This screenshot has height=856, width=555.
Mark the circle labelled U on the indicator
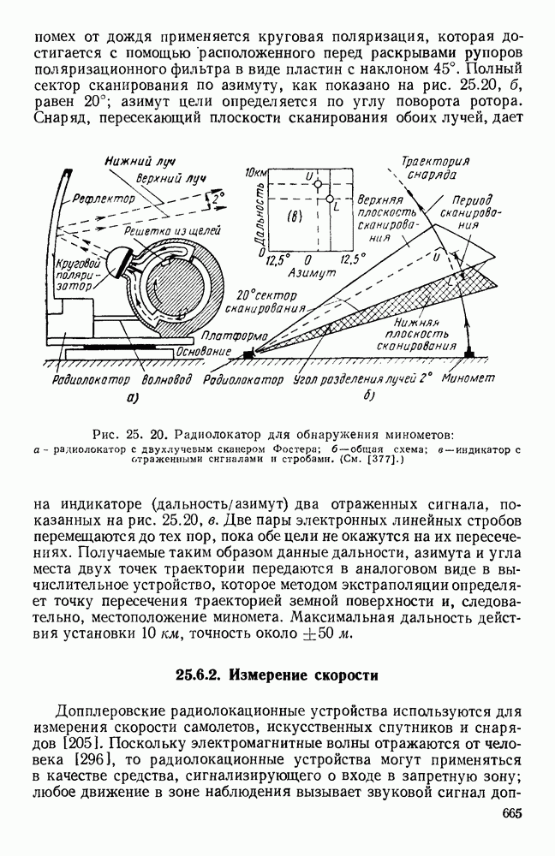[x=317, y=185]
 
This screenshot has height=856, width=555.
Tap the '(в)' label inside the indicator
[x=288, y=217]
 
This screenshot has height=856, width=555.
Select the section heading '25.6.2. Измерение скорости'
[x=277, y=675]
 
